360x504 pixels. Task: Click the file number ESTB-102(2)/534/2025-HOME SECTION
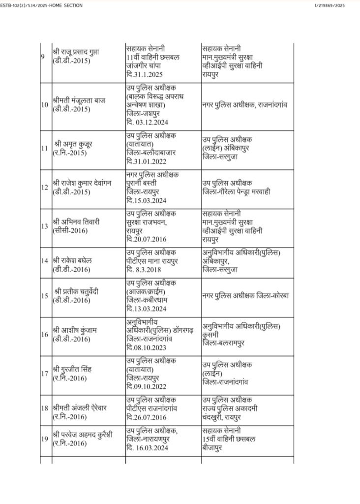point(41,5)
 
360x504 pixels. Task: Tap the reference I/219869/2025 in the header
point(337,5)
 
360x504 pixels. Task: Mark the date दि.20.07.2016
point(148,241)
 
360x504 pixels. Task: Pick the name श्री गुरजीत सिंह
point(74,369)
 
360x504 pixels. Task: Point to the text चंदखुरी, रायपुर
point(229,417)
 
